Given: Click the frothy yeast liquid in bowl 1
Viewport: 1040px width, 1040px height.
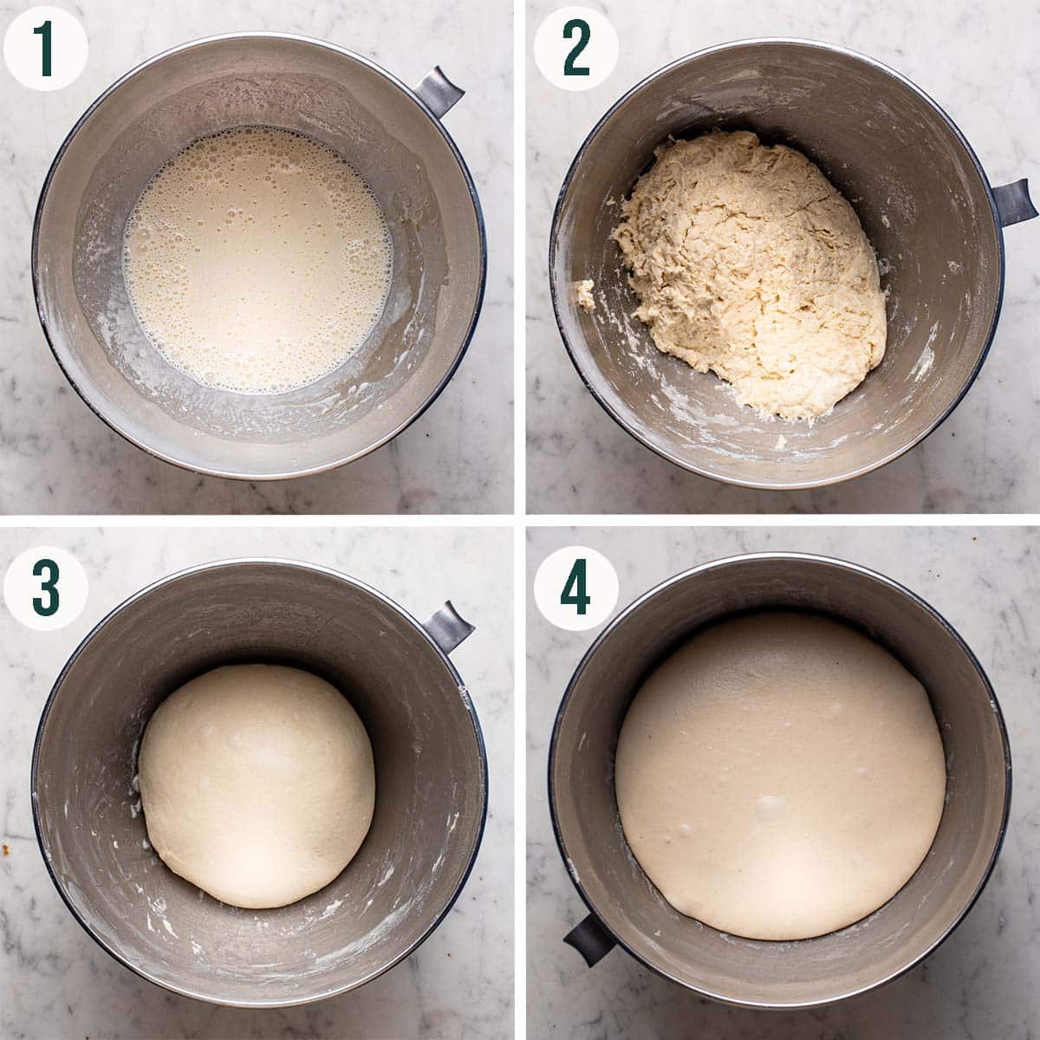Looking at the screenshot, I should (258, 260).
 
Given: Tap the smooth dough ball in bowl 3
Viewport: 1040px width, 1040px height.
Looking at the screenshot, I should (257, 784).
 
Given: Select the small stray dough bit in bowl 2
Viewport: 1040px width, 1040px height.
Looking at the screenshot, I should (587, 295).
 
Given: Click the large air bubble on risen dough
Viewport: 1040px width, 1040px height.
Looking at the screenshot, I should (770, 806).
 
